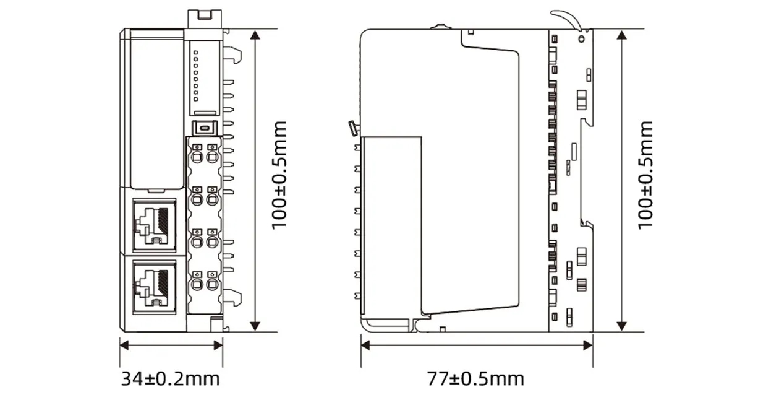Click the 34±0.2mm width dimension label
click(x=170, y=378)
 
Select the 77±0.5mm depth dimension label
click(x=475, y=378)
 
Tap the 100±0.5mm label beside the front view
click(x=280, y=175)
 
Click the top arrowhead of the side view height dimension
click(x=623, y=35)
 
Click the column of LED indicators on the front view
click(x=196, y=75)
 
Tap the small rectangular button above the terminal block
click(x=204, y=128)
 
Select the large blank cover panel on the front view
click(x=156, y=111)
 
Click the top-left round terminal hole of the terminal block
click(x=197, y=157)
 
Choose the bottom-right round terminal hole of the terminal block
click(x=212, y=285)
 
